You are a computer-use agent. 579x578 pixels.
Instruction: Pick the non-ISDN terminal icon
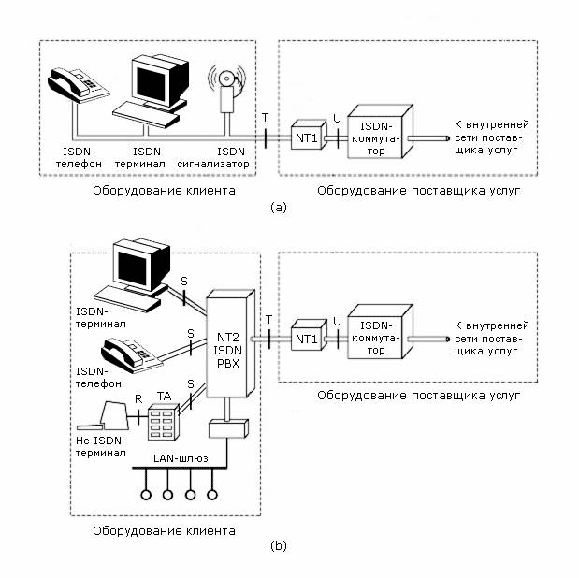(109, 413)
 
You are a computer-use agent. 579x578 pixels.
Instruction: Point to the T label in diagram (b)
(269, 318)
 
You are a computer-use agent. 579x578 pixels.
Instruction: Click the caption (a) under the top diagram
(278, 208)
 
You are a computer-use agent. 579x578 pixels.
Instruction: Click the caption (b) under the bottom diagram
(278, 545)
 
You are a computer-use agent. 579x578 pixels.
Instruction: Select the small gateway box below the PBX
(227, 430)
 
